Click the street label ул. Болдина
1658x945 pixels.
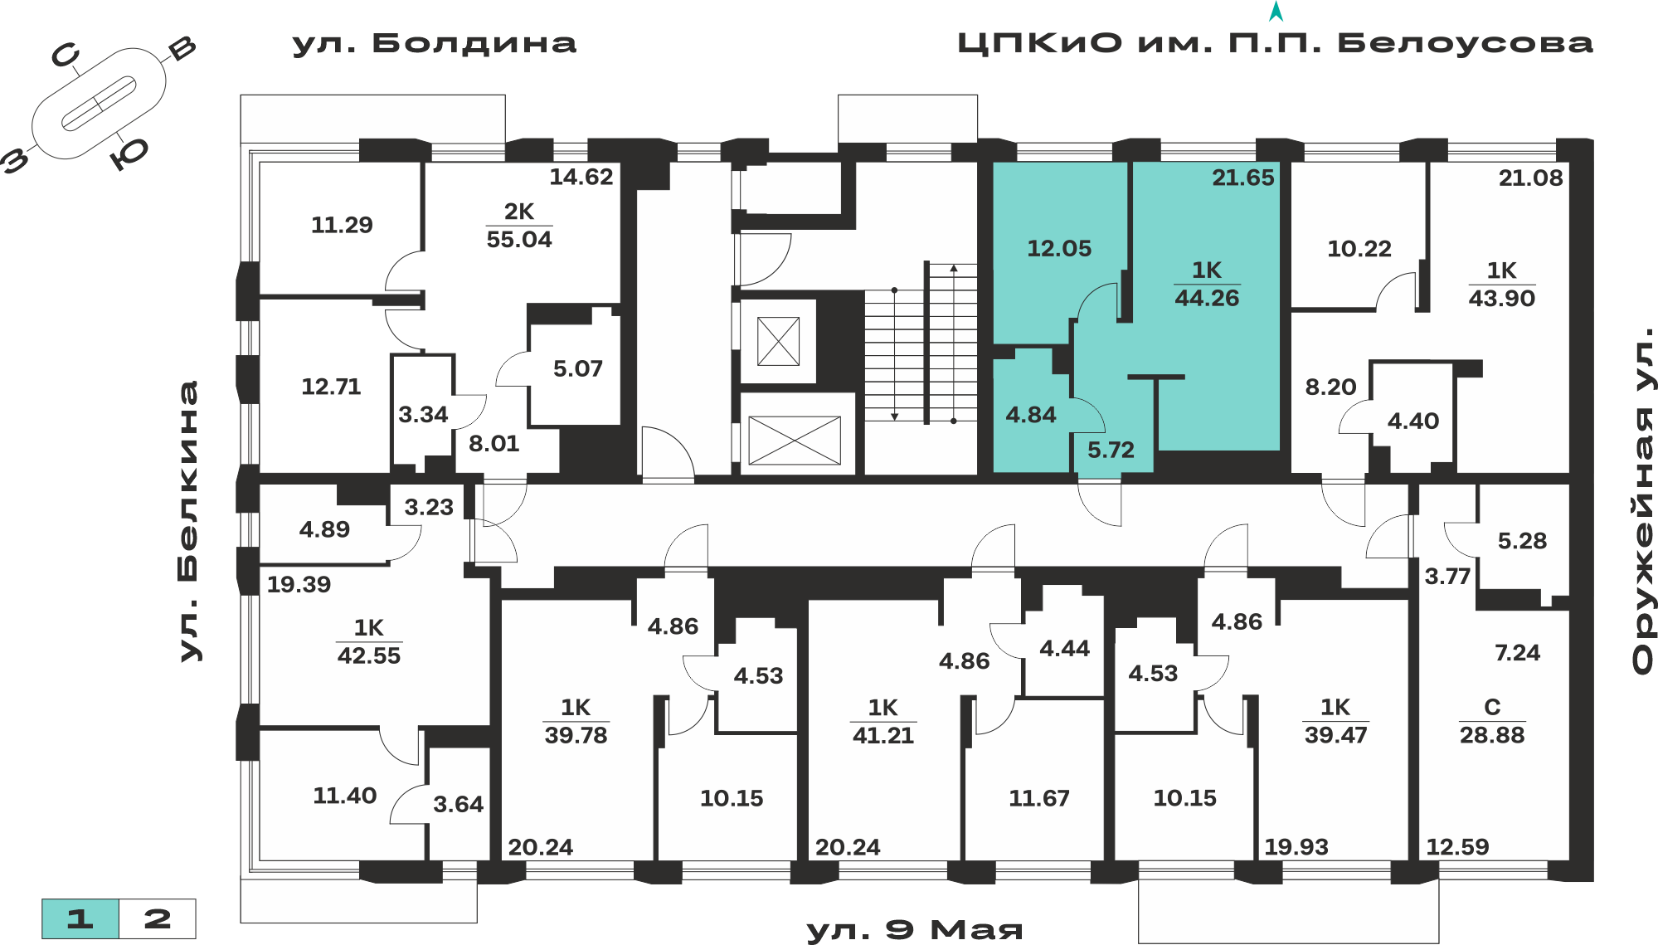(x=434, y=43)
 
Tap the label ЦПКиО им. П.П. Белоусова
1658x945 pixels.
(x=1275, y=43)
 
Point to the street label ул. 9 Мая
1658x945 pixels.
(x=915, y=930)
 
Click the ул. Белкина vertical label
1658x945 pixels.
(x=189, y=522)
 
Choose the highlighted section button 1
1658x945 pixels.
(x=80, y=918)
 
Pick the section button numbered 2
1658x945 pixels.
(x=158, y=918)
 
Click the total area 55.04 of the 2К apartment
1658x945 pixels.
(x=519, y=240)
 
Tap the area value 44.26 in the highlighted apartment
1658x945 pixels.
(x=1207, y=299)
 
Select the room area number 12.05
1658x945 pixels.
(x=1059, y=248)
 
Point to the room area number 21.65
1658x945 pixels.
(x=1242, y=178)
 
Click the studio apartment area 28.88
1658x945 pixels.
(x=1492, y=735)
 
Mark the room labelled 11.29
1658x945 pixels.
(x=342, y=225)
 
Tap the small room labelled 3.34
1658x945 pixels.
(x=423, y=414)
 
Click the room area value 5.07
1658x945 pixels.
(x=578, y=368)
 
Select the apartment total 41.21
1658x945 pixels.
(x=883, y=735)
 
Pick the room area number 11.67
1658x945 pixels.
(x=1039, y=798)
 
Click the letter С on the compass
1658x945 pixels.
(x=66, y=56)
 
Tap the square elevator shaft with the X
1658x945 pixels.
(x=778, y=341)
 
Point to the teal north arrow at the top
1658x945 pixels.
(x=1276, y=11)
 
